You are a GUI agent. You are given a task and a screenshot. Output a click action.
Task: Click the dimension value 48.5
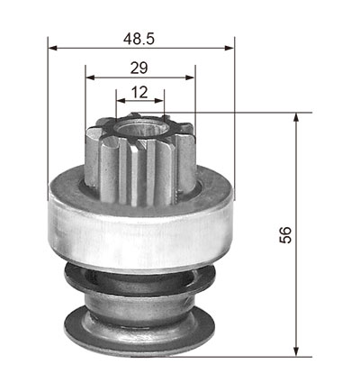tap(139, 39)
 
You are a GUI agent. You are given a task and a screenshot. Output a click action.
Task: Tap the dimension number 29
tap(139, 68)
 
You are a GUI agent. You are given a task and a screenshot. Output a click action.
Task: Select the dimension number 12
tap(139, 92)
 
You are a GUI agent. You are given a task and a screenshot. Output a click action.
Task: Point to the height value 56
tap(285, 235)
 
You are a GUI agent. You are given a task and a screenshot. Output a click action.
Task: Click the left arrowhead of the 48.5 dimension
tap(53, 48)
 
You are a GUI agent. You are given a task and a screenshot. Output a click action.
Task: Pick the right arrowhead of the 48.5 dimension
tap(229, 48)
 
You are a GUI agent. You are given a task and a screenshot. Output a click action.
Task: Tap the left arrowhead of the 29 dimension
tap(90, 77)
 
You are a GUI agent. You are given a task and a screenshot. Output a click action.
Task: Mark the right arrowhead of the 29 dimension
tap(190, 77)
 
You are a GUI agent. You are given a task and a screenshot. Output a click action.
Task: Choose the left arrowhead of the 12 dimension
tap(121, 101)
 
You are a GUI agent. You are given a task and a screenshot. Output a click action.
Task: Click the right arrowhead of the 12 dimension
tap(159, 101)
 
